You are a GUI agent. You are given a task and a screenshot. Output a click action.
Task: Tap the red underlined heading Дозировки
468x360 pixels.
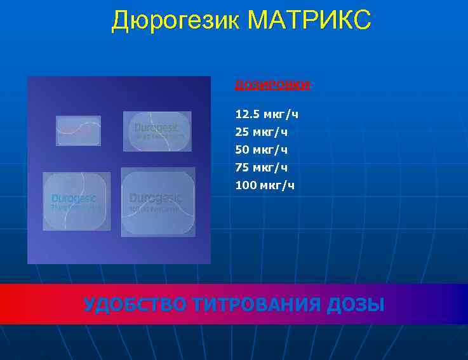click(x=272, y=84)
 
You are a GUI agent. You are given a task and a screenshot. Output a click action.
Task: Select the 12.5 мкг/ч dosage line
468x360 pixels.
click(x=267, y=114)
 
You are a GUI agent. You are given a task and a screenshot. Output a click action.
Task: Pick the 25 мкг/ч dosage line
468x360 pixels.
click(x=261, y=132)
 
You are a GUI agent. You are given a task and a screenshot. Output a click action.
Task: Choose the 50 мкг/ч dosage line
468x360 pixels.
click(x=261, y=150)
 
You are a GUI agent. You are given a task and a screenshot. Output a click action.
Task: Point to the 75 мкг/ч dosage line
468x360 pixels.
click(x=261, y=168)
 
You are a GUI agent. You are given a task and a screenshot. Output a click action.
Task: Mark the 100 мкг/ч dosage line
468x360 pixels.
click(x=265, y=185)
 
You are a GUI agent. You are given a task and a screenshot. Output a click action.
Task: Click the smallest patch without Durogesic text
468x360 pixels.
click(x=78, y=130)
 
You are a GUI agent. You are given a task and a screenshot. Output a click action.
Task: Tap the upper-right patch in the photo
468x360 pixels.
click(x=157, y=131)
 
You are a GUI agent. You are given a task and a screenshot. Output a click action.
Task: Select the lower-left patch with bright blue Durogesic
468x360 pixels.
click(x=76, y=200)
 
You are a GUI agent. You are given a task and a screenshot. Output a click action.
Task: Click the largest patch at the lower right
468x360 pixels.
click(x=157, y=202)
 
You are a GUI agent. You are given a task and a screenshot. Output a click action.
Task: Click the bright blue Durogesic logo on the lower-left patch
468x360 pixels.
click(x=74, y=197)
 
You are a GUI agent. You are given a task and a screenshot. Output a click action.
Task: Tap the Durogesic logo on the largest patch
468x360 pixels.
click(x=156, y=197)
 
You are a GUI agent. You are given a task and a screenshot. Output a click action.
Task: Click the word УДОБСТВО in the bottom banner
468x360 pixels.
click(x=135, y=305)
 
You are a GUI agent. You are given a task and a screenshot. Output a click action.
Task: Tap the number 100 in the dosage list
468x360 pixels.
click(x=245, y=185)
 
